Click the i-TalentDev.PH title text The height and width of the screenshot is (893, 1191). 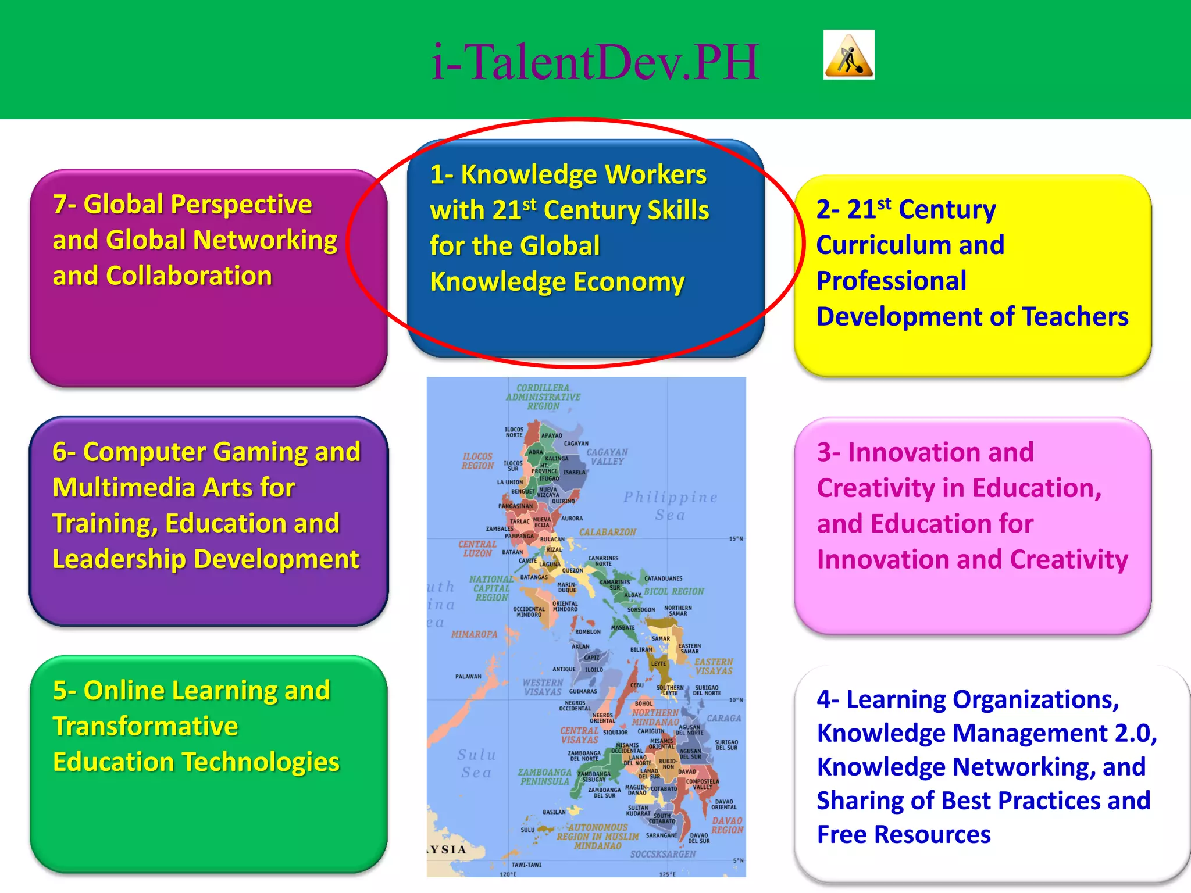(x=595, y=62)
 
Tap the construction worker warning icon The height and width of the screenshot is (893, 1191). (x=848, y=55)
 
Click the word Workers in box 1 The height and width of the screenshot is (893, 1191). (x=655, y=174)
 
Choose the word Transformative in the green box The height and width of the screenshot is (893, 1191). (x=145, y=727)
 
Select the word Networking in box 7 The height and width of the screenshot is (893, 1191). (x=265, y=240)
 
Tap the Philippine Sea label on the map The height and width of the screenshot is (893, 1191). (x=671, y=506)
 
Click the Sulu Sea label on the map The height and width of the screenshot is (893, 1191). (x=476, y=763)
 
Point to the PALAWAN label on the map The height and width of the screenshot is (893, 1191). (x=468, y=677)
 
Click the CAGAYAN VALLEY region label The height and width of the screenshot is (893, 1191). (x=607, y=456)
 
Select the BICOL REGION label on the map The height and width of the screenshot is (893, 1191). (x=673, y=591)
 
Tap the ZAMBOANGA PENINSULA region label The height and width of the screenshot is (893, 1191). (x=545, y=777)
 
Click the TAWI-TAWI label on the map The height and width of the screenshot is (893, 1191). (x=526, y=865)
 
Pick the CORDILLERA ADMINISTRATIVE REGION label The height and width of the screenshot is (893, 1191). (x=543, y=397)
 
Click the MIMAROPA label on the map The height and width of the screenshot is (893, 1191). (x=474, y=634)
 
